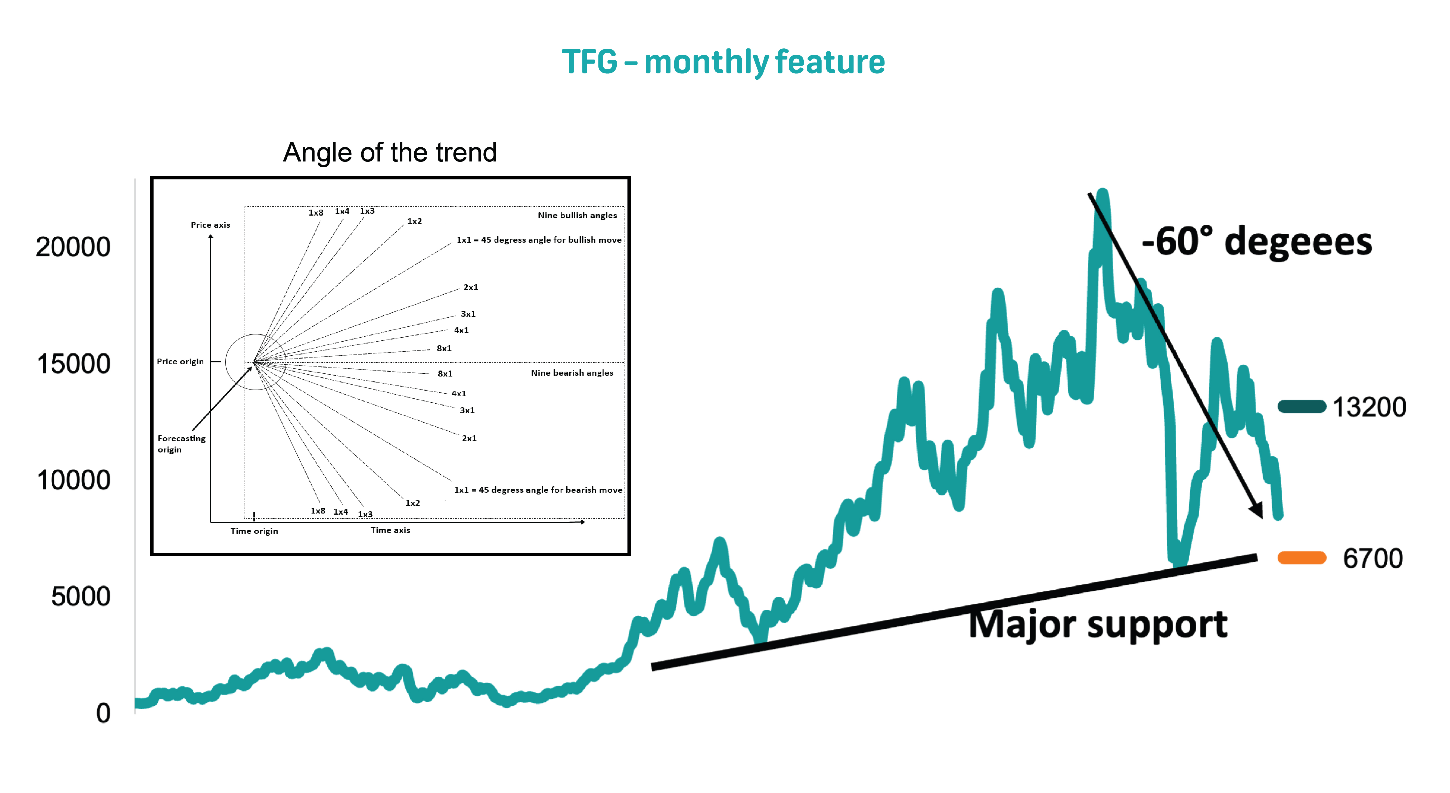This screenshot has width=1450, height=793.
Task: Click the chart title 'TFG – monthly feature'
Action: tap(723, 62)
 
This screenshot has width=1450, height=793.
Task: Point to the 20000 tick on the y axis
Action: tap(73, 247)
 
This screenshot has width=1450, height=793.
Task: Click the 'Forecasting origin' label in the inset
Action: tap(181, 443)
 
